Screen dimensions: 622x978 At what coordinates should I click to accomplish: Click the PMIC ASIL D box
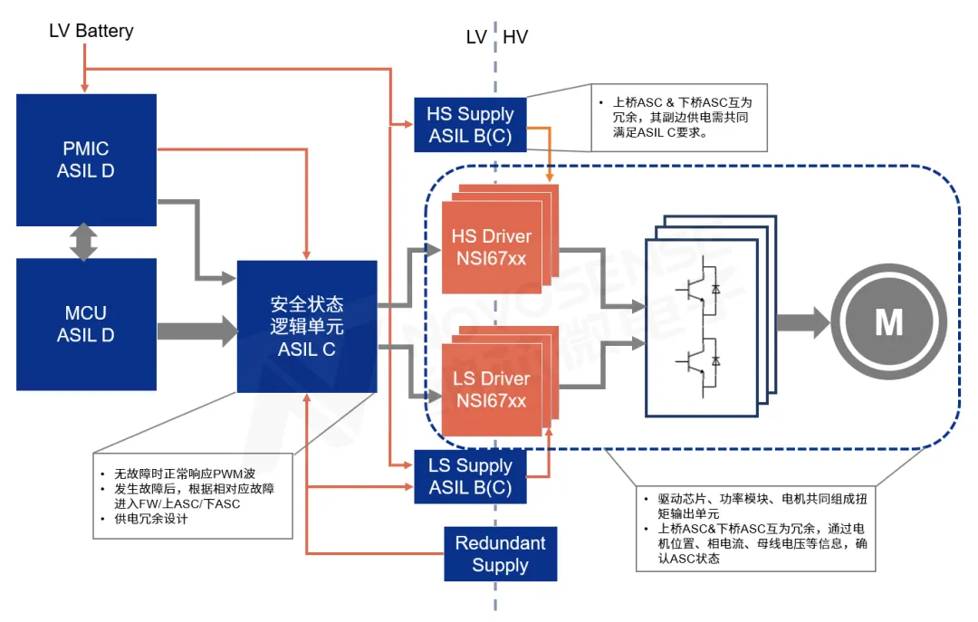pyautogui.click(x=86, y=159)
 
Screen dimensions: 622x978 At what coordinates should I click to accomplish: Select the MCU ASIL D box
pyautogui.click(x=86, y=324)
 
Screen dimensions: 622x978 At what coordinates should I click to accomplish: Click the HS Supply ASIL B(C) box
pyautogui.click(x=470, y=125)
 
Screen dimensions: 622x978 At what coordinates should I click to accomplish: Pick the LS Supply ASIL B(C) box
pyautogui.click(x=470, y=476)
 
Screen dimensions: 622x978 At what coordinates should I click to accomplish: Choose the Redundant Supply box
pyautogui.click(x=500, y=554)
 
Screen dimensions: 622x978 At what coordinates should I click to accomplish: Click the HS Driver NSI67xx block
pyautogui.click(x=491, y=247)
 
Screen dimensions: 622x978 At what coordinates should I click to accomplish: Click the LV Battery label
pyautogui.click(x=91, y=31)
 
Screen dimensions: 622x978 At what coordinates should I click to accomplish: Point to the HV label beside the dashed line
pyautogui.click(x=515, y=37)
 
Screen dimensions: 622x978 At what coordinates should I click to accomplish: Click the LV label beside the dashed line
pyautogui.click(x=476, y=37)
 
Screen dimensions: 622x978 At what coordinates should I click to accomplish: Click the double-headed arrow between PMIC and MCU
pyautogui.click(x=83, y=242)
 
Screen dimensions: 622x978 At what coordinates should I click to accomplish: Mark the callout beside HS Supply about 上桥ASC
pyautogui.click(x=680, y=118)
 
